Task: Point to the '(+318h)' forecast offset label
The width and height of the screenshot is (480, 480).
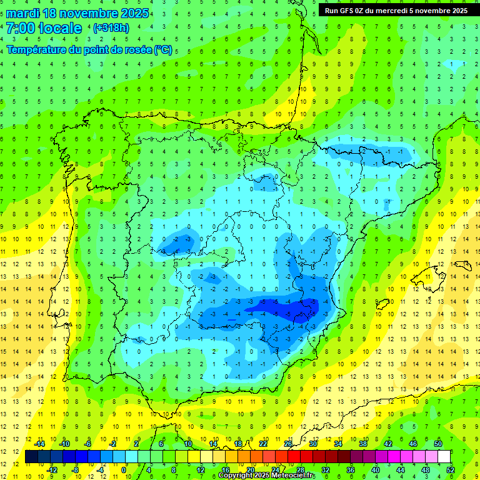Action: pos(111,28)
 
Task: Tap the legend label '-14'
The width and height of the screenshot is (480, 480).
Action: pos(40,443)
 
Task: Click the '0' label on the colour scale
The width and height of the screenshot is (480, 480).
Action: pos(124,469)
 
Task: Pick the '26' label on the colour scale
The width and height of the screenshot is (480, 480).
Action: pos(288,443)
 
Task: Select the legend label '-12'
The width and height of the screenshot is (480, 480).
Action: pos(52,469)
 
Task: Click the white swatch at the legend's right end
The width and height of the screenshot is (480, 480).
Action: pos(444,456)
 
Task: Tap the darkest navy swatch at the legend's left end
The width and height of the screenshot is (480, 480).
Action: pos(31,456)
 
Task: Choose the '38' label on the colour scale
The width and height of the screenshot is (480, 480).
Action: pos(363,443)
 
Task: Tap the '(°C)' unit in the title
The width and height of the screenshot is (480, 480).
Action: pos(162,49)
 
